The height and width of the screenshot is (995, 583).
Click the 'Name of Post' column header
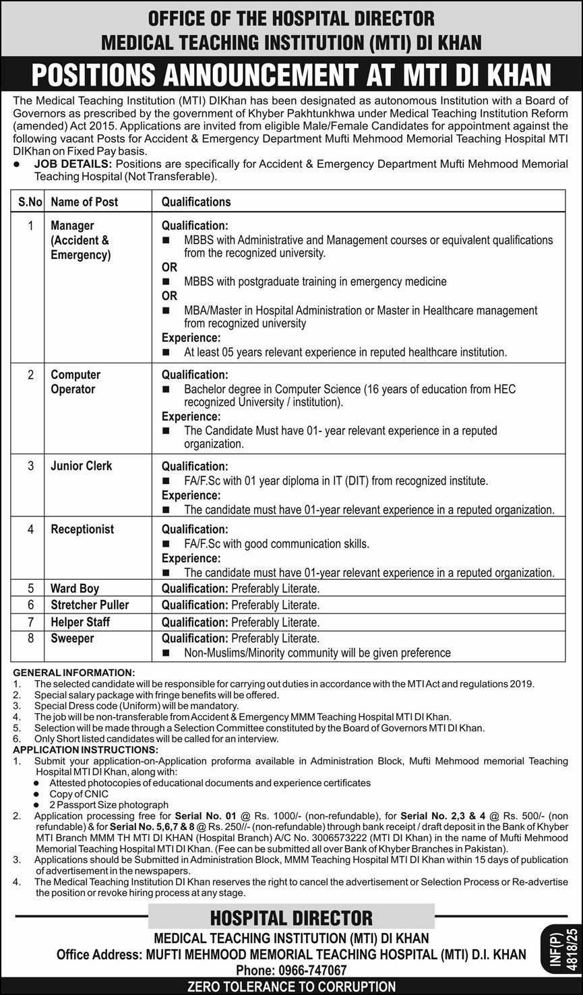click(84, 202)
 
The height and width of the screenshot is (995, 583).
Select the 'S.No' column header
click(30, 202)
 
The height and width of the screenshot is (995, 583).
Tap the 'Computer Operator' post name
click(75, 382)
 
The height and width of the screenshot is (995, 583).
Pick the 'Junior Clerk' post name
click(81, 466)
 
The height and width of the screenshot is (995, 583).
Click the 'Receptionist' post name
click(82, 529)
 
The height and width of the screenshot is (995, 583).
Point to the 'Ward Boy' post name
click(75, 589)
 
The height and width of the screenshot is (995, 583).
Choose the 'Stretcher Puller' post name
click(90, 605)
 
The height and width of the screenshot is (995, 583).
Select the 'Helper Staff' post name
click(80, 622)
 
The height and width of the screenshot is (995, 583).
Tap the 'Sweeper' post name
click(72, 638)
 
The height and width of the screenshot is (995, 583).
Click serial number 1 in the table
click(30, 225)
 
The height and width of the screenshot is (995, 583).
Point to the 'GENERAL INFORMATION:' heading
click(74, 673)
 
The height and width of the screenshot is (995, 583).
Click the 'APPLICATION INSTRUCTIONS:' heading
click(86, 750)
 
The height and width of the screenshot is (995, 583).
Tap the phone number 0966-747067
click(311, 970)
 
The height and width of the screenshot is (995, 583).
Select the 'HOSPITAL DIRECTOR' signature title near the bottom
click(291, 917)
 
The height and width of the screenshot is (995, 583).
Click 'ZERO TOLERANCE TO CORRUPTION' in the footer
click(291, 987)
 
